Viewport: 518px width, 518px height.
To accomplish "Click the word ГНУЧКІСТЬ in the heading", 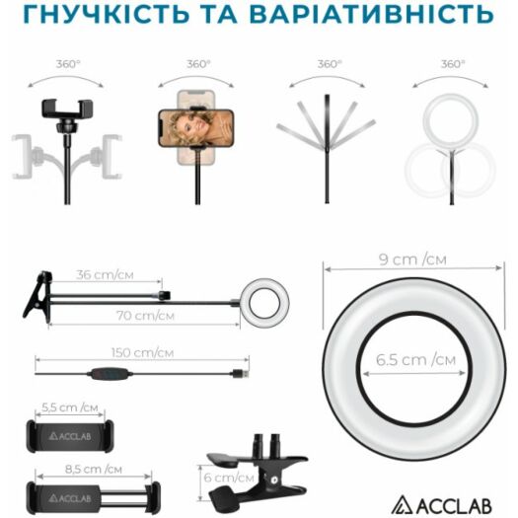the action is [107, 13].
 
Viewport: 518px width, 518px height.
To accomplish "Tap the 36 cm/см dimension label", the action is [105, 275].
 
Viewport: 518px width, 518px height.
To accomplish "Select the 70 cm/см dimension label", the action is [145, 316].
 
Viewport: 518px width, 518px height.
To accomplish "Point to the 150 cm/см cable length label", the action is [142, 352].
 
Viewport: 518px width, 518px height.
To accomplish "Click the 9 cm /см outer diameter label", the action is [412, 259].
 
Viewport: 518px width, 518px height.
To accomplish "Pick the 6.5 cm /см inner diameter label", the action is [416, 360].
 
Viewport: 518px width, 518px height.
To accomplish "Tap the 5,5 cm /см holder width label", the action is [70, 407].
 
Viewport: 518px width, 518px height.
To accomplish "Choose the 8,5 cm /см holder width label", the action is [94, 469].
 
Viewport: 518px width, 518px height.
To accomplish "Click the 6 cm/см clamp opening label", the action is [229, 478].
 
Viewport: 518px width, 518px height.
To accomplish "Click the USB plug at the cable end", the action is [240, 374].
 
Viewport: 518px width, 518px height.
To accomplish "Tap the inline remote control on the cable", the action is [110, 374].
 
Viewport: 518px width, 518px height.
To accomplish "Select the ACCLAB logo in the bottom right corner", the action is [442, 505].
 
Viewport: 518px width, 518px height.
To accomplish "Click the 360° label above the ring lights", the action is [453, 64].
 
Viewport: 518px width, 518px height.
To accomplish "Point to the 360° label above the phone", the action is [198, 64].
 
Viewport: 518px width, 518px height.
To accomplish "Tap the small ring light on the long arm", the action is [264, 303].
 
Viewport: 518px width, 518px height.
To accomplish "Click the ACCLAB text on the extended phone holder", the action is [70, 498].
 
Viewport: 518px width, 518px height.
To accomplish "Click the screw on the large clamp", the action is [273, 479].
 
